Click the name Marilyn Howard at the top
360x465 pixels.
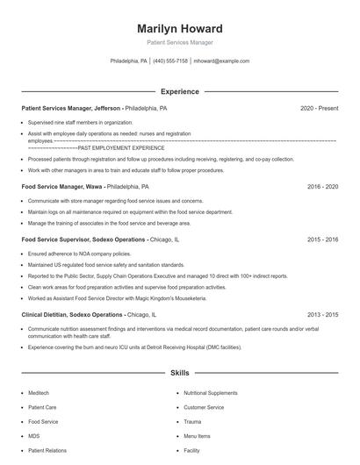tap(179, 28)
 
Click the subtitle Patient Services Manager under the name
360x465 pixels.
tap(179, 42)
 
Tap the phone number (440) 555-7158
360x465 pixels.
tap(170, 61)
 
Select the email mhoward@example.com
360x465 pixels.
tap(221, 61)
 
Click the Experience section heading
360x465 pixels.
tap(179, 91)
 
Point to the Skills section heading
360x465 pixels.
tap(179, 373)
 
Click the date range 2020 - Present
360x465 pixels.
tap(319, 109)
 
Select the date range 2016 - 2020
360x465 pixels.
tap(320, 187)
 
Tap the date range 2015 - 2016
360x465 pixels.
tap(320, 239)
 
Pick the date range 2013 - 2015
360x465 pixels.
tap(320, 314)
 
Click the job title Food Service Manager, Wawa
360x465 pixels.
tap(62, 187)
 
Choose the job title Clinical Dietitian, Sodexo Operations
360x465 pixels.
tap(72, 314)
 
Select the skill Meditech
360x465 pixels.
tap(40, 393)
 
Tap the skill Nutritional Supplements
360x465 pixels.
tap(210, 393)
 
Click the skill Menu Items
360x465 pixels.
tap(197, 435)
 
